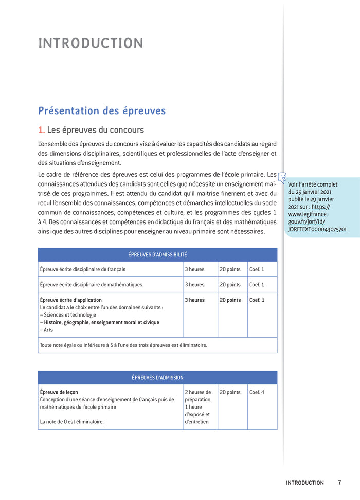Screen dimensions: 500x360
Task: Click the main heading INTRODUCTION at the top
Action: pos(91,43)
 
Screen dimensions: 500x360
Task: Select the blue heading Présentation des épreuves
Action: pos(102,110)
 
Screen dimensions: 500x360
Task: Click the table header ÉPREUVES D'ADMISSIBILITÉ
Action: pos(157,254)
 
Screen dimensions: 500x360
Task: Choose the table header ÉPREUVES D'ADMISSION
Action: pos(157,377)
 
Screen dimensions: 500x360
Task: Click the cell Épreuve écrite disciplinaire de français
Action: pos(82,269)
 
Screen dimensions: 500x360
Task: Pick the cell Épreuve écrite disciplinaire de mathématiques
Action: pos(91,284)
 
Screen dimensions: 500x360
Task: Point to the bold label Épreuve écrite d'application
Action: pos(71,300)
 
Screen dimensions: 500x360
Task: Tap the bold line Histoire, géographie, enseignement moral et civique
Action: pos(101,322)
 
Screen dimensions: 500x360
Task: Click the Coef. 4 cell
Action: pos(257,392)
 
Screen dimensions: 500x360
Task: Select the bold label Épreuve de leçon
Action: pos(59,392)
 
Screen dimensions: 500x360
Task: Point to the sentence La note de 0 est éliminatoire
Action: pos(72,422)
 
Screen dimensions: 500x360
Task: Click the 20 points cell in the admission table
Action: pos(230,392)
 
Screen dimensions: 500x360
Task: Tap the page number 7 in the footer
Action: pos(339,483)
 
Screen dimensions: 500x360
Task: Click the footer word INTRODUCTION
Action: pos(305,483)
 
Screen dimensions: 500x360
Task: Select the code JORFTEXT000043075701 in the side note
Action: pos(317,229)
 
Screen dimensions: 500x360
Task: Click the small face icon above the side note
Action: pos(282,177)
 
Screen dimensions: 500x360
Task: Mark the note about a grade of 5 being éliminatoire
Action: pos(123,345)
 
